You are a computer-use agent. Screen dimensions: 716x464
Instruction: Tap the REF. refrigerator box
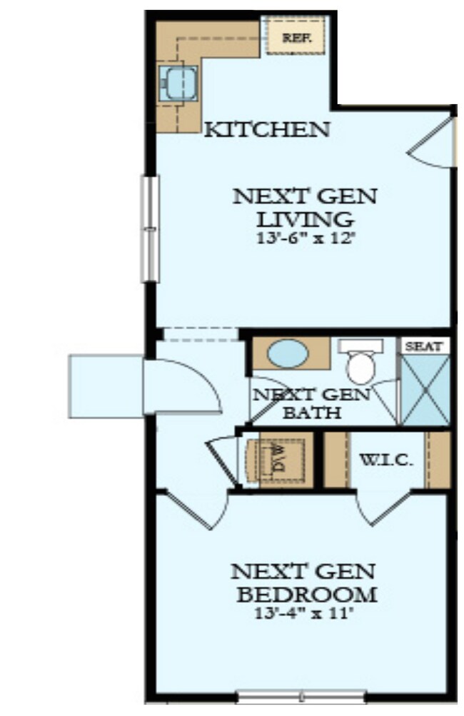coord(295,37)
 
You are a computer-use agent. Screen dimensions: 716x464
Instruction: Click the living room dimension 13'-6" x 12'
coord(306,238)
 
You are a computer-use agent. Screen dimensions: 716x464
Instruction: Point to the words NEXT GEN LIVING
coord(306,206)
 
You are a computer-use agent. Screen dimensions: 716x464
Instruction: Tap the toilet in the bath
coord(361,364)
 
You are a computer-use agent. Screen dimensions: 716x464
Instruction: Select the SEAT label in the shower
coord(424,346)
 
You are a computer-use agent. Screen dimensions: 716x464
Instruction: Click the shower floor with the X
coord(424,390)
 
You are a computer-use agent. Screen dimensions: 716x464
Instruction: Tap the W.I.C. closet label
coord(385,459)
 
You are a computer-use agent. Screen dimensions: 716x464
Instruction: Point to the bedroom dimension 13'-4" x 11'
coord(303,612)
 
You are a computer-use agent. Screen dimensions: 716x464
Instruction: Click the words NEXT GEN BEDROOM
coord(303,582)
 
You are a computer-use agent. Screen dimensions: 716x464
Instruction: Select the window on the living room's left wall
coord(149,228)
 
